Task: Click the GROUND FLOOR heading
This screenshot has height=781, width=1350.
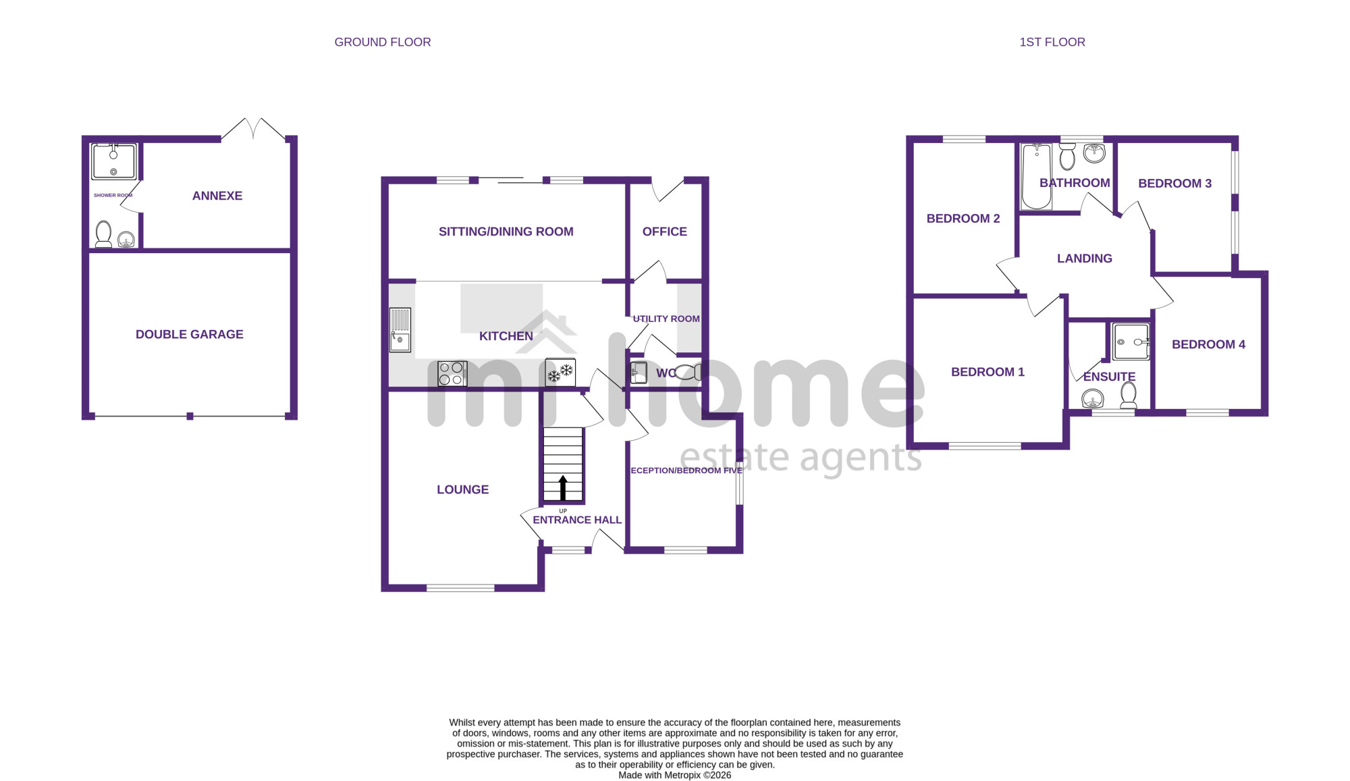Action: click(x=383, y=42)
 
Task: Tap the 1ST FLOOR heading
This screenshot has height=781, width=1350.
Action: click(x=1052, y=42)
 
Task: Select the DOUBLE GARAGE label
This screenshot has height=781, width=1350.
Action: click(x=190, y=334)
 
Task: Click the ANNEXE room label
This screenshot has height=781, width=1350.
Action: click(x=217, y=196)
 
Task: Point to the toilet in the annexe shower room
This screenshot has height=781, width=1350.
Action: click(x=103, y=234)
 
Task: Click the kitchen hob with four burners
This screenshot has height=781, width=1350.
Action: click(x=452, y=373)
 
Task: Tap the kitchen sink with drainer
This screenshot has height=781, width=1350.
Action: click(x=400, y=330)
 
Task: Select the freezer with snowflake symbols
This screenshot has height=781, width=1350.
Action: click(x=560, y=372)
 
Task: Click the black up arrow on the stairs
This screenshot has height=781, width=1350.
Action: click(x=563, y=487)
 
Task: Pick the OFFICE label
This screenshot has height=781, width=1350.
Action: click(x=665, y=232)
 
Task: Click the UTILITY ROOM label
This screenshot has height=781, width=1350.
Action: click(x=666, y=319)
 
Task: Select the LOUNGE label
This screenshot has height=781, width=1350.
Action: click(x=463, y=489)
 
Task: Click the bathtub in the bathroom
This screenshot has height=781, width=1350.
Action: click(x=1036, y=176)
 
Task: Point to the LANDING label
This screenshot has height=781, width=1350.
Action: click(x=1085, y=259)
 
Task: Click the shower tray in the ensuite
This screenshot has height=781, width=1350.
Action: click(x=1131, y=342)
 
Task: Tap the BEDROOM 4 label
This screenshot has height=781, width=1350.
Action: click(x=1209, y=344)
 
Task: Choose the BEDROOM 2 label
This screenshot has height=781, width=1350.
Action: click(x=963, y=219)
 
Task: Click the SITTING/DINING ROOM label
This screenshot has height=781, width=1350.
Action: click(x=506, y=232)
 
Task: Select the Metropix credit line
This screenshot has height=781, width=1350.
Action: click(x=675, y=775)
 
